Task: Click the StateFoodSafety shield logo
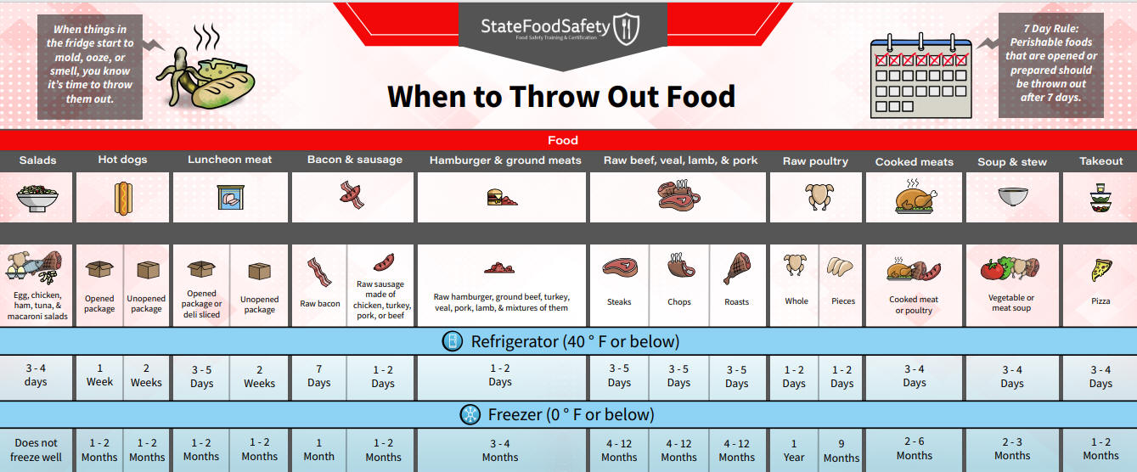tap(626, 29)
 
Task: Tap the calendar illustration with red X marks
tap(920, 76)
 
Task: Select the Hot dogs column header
tap(122, 160)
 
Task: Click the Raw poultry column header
tap(815, 161)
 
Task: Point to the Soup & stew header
tap(1012, 162)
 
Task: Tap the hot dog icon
tap(123, 198)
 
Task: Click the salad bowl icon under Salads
tap(37, 198)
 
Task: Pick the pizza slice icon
tap(1101, 270)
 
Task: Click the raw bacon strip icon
tap(319, 272)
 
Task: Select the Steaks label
tap(619, 302)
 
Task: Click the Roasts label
tap(736, 302)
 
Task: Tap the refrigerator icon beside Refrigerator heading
tap(453, 341)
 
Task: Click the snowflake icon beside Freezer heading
tap(470, 414)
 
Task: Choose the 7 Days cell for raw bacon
tap(318, 376)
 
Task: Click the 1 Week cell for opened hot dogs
tap(99, 375)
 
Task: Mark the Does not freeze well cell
tap(36, 450)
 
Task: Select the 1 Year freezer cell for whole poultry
tap(794, 451)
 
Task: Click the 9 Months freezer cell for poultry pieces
tap(841, 451)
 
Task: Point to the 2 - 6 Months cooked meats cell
tap(915, 448)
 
